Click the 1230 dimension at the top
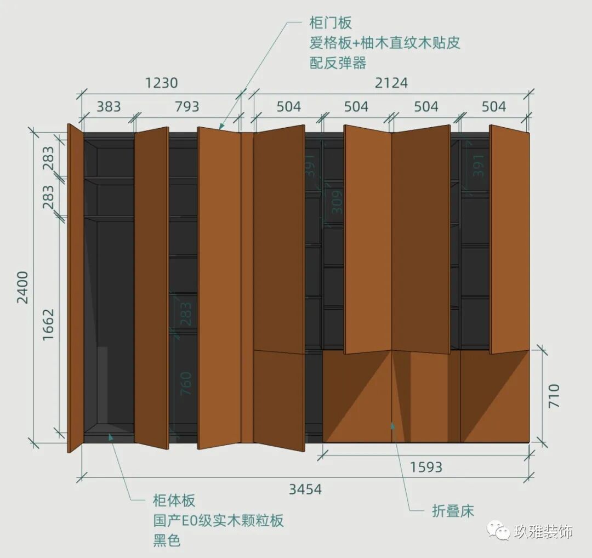pyautogui.click(x=161, y=83)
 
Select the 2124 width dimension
pyautogui.click(x=391, y=83)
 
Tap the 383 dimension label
pyautogui.click(x=109, y=106)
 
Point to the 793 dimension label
pyautogui.click(x=187, y=106)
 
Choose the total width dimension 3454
pyautogui.click(x=305, y=488)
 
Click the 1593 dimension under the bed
pyautogui.click(x=426, y=468)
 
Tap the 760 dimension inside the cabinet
pyautogui.click(x=186, y=384)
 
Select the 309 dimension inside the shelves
pyautogui.click(x=337, y=201)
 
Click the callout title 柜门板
pyautogui.click(x=331, y=23)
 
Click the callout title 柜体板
pyautogui.click(x=174, y=500)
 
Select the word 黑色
pyautogui.click(x=167, y=540)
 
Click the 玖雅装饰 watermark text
pyautogui.click(x=543, y=531)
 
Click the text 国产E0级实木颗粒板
pyautogui.click(x=218, y=520)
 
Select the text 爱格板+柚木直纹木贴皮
pyautogui.click(x=385, y=43)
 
